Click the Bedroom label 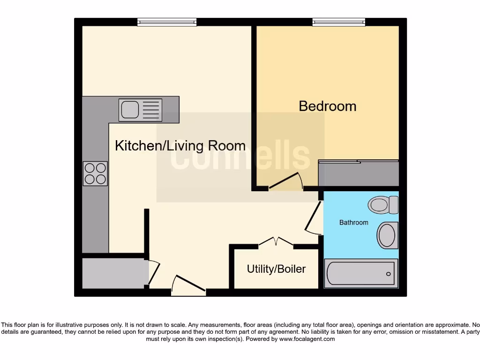(328, 106)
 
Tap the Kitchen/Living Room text (180, 146)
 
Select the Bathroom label (353, 223)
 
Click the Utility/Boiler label (276, 269)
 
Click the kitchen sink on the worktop (140, 110)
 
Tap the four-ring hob (95, 173)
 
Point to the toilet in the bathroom (382, 205)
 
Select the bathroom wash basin (387, 235)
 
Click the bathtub (361, 273)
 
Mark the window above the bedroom (338, 22)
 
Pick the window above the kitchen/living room (167, 22)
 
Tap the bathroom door (313, 217)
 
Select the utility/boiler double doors (276, 242)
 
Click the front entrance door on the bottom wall (188, 286)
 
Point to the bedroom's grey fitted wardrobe (359, 173)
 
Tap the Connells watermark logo (240, 157)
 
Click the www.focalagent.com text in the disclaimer (307, 339)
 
